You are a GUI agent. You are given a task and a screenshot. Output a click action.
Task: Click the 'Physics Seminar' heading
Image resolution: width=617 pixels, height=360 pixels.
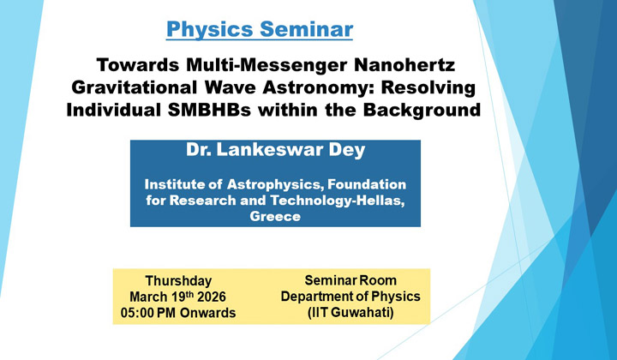pos(259,29)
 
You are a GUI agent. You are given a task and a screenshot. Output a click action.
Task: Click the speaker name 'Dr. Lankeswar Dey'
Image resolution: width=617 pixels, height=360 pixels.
pos(275,151)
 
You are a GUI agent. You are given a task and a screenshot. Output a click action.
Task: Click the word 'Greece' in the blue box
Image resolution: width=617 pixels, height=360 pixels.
pos(275,217)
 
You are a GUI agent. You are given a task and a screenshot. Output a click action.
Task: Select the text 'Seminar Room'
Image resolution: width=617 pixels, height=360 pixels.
pos(347,280)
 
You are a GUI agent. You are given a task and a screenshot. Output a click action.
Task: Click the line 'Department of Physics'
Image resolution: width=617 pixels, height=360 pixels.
pos(347,297)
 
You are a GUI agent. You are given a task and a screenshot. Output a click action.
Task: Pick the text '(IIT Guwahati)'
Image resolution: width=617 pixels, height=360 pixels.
pos(347,313)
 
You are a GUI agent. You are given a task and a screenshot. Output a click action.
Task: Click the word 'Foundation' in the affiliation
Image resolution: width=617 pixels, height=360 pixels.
pos(363,184)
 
